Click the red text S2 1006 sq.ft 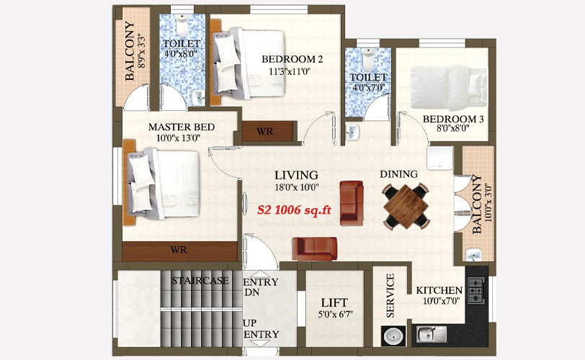point(295,210)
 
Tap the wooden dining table point(406,206)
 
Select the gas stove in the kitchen point(476,290)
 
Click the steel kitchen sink point(432,334)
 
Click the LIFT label point(334,302)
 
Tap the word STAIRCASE point(200,281)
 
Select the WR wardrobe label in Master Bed point(179,250)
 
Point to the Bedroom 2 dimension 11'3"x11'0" point(290,71)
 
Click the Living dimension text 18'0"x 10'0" point(297,187)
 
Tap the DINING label point(399,174)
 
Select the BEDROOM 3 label point(453,120)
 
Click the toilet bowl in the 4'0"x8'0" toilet point(182,25)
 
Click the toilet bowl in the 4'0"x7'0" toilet point(369,60)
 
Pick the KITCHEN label point(439,290)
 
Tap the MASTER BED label point(182,127)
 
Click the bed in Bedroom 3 point(449,87)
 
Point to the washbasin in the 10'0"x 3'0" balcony point(474,256)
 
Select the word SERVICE point(390,295)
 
